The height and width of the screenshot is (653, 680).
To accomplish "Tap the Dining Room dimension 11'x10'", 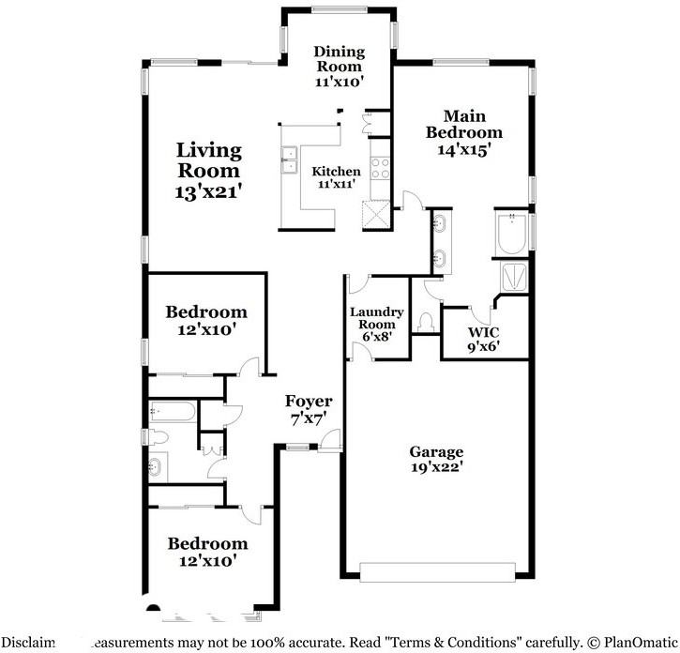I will [339, 82].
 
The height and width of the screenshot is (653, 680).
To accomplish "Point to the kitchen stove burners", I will [382, 168].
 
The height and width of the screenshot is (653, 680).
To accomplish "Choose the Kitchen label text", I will [336, 172].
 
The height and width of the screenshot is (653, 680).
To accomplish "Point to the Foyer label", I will [309, 402].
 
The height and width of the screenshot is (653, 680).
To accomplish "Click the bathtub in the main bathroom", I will [512, 234].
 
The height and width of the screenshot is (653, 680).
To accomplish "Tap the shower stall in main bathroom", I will [514, 276].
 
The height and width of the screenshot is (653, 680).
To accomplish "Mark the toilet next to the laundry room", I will [428, 322].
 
